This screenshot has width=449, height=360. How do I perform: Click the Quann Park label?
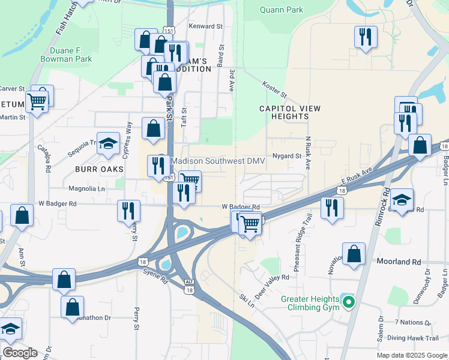pos(282,10)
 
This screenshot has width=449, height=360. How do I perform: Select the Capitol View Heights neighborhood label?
pos(290,112)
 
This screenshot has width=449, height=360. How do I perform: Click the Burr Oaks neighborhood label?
pos(99,169)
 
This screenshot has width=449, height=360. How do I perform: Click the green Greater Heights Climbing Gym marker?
pos(346,301)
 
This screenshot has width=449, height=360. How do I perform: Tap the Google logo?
pos(20,353)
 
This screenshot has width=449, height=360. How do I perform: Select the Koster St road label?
pos(276,91)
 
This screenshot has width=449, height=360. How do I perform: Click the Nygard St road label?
pos(286,156)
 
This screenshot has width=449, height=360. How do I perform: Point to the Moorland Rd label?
pos(399,262)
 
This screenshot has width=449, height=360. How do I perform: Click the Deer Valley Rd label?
pos(273,286)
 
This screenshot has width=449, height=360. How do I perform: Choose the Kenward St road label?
pos(205,26)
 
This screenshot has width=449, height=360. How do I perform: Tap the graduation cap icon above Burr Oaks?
pos(108,143)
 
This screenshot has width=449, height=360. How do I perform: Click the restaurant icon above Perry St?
pos(128,210)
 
